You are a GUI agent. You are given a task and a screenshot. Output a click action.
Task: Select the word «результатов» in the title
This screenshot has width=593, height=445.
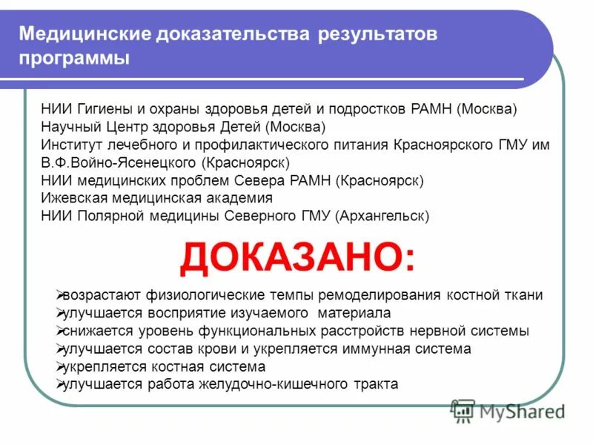379,35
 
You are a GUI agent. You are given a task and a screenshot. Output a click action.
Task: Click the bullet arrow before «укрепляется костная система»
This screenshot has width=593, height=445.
60,366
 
